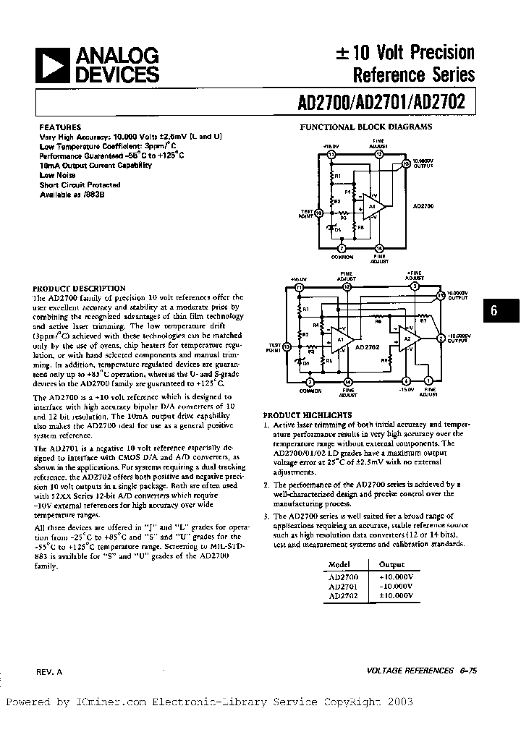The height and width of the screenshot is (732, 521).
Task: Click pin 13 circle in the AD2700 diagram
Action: coord(406,163)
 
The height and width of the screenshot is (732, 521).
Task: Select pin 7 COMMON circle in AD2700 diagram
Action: coord(342,247)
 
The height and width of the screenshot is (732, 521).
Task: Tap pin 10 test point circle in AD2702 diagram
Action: coord(287,347)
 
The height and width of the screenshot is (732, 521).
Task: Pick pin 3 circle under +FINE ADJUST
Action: coord(415,286)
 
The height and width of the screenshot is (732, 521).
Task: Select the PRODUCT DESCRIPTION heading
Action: coord(80,288)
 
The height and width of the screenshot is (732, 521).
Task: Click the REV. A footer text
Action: coord(49,672)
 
